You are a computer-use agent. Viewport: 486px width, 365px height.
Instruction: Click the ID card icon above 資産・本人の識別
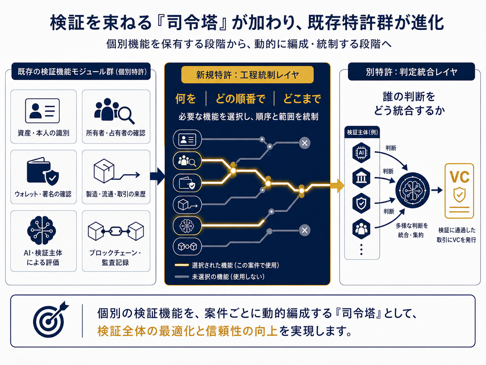coord(42,111)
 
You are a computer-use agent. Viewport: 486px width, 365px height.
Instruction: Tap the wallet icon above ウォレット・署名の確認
coord(43,171)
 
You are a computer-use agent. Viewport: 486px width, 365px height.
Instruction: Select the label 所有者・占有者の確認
coord(115,133)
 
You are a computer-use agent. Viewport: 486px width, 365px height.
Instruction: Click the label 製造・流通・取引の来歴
coord(115,194)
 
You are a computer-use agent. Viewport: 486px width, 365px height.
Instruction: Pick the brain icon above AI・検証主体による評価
coord(42,230)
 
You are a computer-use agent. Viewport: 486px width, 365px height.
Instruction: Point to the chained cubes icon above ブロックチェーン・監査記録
coord(116,231)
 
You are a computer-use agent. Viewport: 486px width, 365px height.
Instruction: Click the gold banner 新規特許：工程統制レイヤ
coord(247,75)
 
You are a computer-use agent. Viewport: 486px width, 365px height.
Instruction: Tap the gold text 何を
coord(186,98)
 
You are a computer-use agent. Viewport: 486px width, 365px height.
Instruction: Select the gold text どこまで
coord(302,98)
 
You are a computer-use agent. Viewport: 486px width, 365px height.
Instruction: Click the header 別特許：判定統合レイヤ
coord(411,72)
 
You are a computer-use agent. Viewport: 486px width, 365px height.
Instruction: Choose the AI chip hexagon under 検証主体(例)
coord(361,153)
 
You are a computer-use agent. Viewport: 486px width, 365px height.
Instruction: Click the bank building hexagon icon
coord(361,178)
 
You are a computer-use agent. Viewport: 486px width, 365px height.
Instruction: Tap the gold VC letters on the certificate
coord(459,177)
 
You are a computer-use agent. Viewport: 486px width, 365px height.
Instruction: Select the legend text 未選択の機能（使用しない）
coord(228,277)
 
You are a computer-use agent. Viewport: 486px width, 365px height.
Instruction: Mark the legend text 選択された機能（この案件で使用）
coord(235,265)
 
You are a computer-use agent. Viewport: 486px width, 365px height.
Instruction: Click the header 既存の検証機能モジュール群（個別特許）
coord(81,72)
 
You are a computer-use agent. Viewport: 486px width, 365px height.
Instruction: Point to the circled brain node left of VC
coord(412,190)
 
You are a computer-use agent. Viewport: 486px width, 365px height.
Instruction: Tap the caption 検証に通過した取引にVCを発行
coord(456,235)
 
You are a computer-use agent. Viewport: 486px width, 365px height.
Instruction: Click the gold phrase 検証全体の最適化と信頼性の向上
coord(187,331)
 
